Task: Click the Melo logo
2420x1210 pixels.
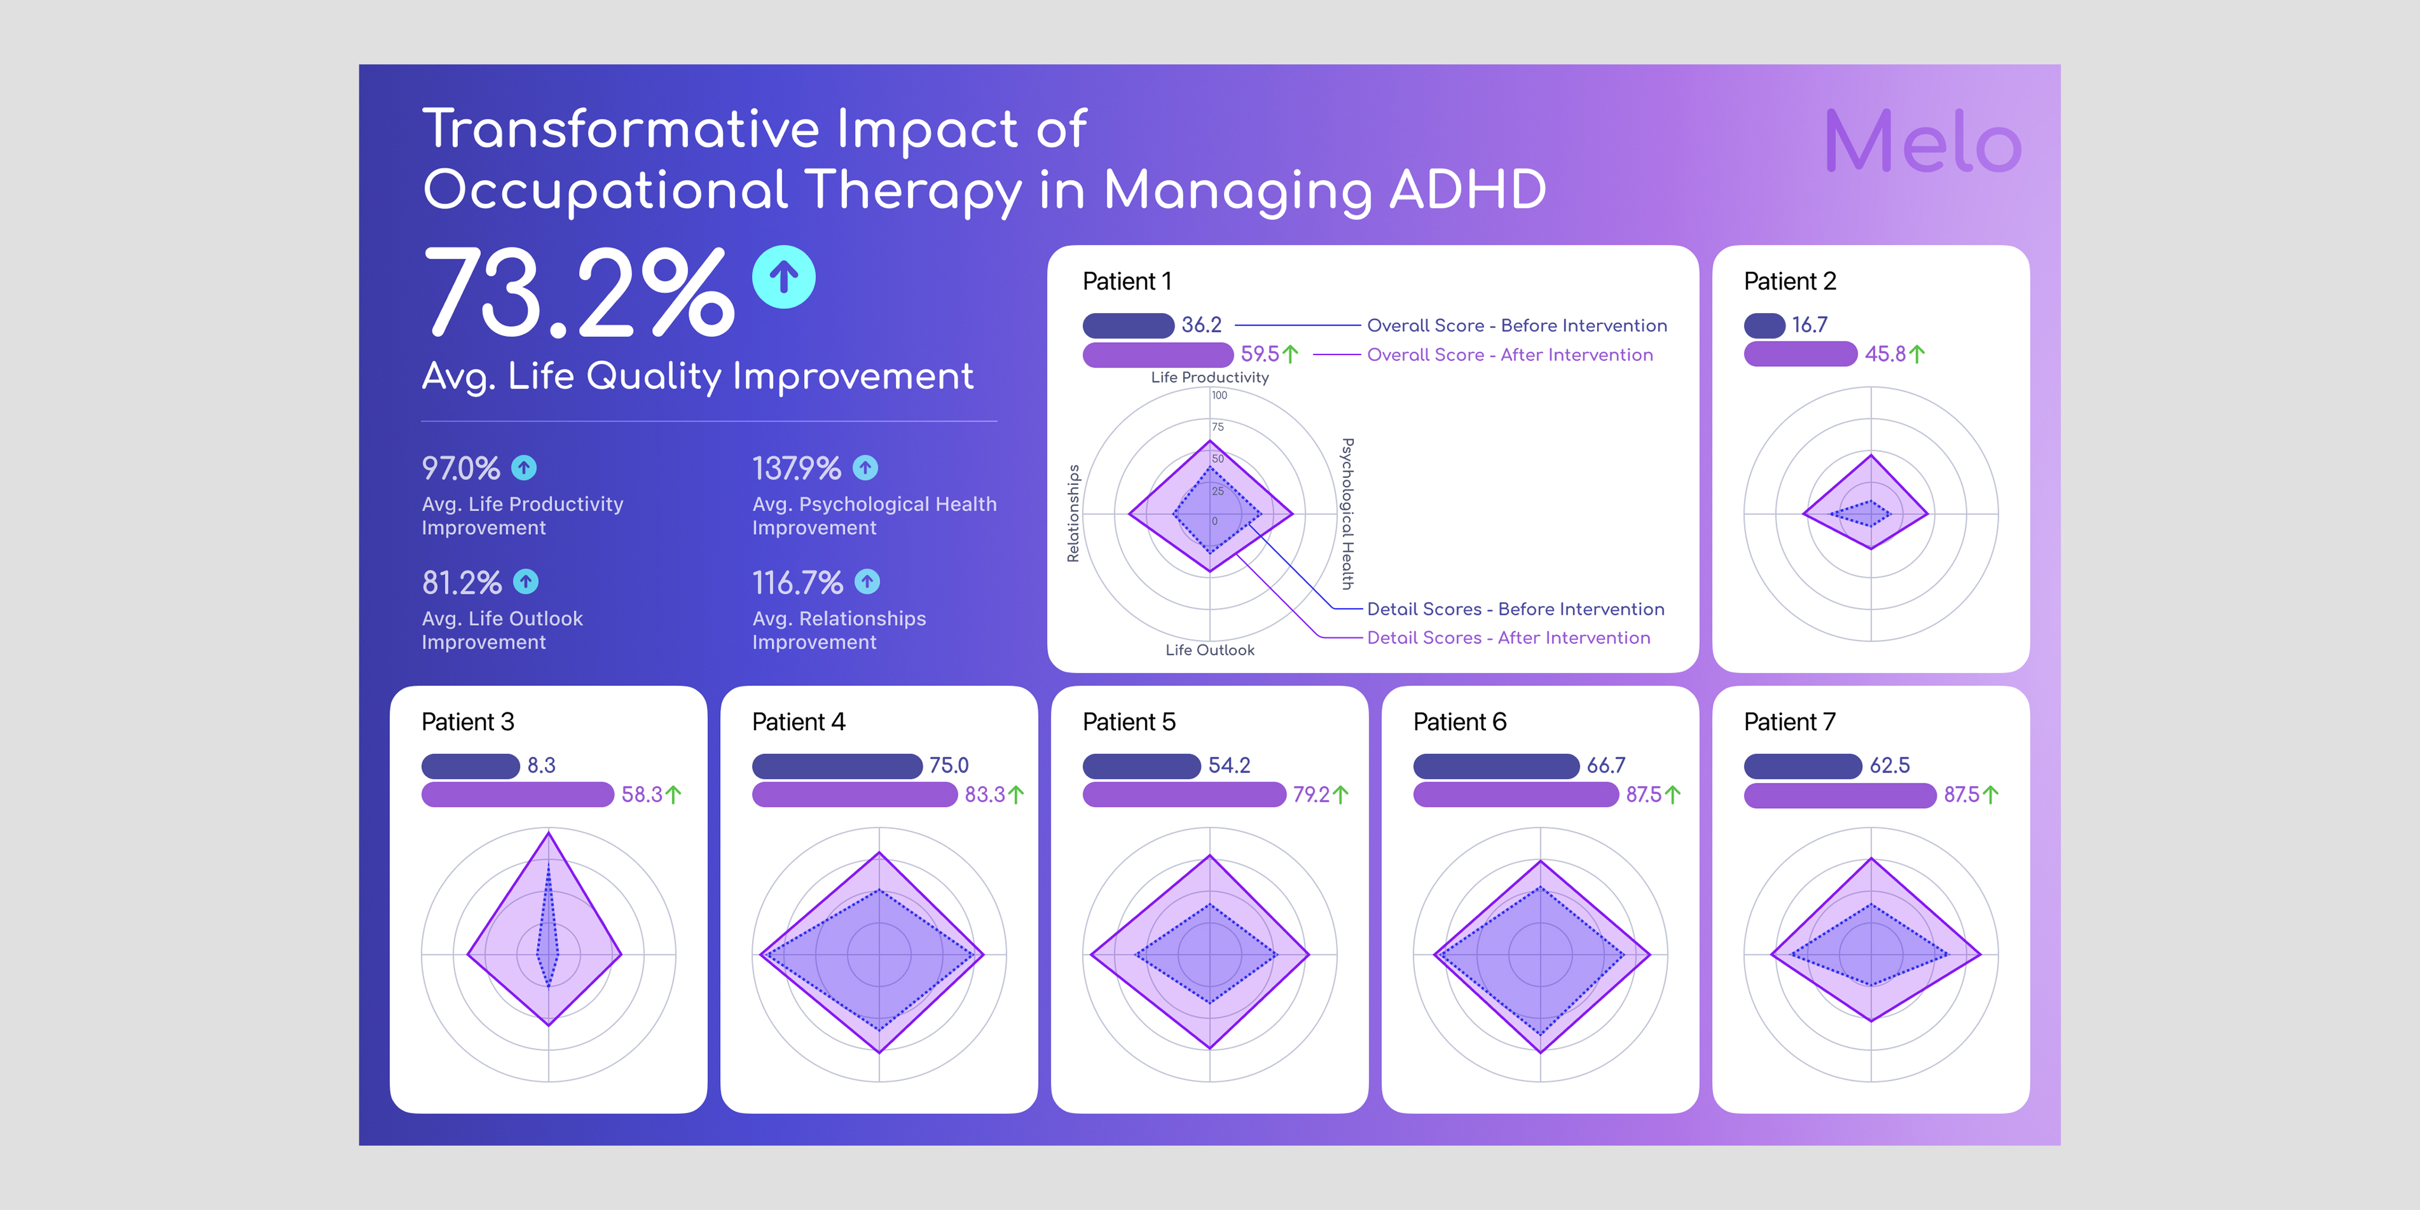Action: [x=1922, y=142]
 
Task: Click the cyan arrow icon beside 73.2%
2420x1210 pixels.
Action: [x=783, y=277]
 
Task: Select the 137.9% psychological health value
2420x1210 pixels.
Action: [x=796, y=468]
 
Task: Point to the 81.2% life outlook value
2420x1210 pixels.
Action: [x=461, y=583]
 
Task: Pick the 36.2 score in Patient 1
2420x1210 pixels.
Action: [x=1202, y=325]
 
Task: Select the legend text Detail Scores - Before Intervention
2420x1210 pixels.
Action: [x=1515, y=609]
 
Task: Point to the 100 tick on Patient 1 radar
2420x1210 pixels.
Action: [x=1219, y=395]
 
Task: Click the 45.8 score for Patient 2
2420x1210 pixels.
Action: [x=1885, y=354]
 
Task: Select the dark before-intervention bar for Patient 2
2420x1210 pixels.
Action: [x=1764, y=325]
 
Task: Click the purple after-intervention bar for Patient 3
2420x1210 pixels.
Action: [x=518, y=795]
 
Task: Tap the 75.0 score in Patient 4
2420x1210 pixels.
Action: [x=949, y=766]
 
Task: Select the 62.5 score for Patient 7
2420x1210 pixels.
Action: [x=1889, y=766]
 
